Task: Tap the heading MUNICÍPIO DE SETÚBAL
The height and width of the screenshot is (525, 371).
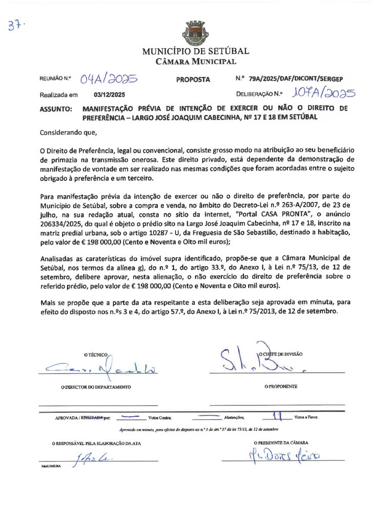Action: (x=195, y=51)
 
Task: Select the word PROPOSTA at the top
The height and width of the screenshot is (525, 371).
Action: (x=193, y=79)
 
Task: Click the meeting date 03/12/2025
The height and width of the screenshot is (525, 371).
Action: (x=109, y=95)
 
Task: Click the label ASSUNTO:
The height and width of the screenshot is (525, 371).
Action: (x=56, y=109)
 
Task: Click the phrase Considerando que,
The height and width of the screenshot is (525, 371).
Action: (x=68, y=132)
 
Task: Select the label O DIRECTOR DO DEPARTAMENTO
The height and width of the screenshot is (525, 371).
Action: (x=96, y=387)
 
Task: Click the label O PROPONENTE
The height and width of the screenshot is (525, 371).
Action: (x=280, y=386)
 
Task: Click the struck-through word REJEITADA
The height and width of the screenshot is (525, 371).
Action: (x=93, y=418)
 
